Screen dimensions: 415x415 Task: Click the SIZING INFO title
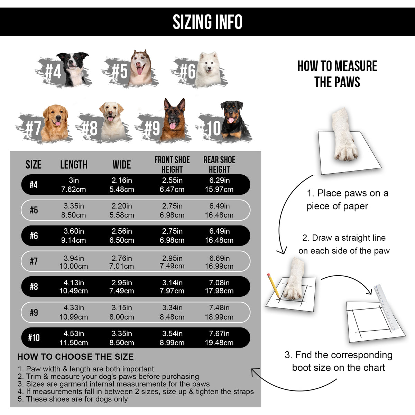207,22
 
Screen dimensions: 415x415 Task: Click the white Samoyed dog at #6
208,67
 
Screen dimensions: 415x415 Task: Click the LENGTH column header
74,165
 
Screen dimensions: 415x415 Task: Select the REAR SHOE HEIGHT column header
219,165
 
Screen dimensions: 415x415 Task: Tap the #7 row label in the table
34,261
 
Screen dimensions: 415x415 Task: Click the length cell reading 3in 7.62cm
73,185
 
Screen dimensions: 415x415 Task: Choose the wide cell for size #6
122,236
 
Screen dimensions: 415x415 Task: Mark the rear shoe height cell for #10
219,338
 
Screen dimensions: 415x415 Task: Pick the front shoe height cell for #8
172,287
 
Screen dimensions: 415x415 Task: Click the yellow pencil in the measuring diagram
273,285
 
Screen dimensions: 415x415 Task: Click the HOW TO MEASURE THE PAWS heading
337,74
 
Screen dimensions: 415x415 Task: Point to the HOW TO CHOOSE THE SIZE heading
75,357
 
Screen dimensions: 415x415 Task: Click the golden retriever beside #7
55,123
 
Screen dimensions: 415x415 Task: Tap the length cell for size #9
73,312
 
